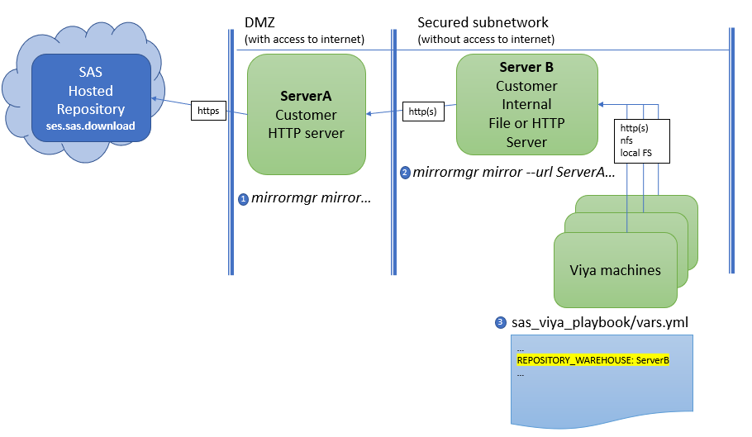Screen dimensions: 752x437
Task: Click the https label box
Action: point(208,111)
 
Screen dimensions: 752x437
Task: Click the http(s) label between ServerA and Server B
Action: point(422,112)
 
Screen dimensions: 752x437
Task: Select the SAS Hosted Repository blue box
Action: point(91,97)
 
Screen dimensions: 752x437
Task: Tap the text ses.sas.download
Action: point(91,126)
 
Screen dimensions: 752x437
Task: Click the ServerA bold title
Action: point(306,97)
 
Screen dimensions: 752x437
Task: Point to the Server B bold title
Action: point(526,67)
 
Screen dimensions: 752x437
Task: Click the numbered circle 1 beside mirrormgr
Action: point(243,199)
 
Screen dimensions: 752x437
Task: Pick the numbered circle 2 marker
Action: point(405,173)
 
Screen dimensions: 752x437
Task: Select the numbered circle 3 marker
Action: point(500,322)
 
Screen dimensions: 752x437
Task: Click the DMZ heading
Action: point(259,22)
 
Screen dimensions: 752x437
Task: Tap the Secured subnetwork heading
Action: point(483,22)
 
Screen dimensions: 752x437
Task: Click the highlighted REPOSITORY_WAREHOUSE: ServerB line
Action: point(593,360)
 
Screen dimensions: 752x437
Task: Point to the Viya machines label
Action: point(616,270)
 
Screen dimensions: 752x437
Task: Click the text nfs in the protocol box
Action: point(626,140)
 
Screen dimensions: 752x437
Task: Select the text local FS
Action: point(636,153)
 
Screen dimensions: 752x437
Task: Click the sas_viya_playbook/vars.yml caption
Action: point(600,322)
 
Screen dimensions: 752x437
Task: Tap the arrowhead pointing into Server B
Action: point(601,104)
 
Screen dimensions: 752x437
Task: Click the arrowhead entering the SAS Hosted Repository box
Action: point(154,98)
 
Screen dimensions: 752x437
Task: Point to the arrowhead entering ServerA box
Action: point(369,113)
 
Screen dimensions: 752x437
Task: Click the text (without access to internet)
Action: point(486,40)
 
